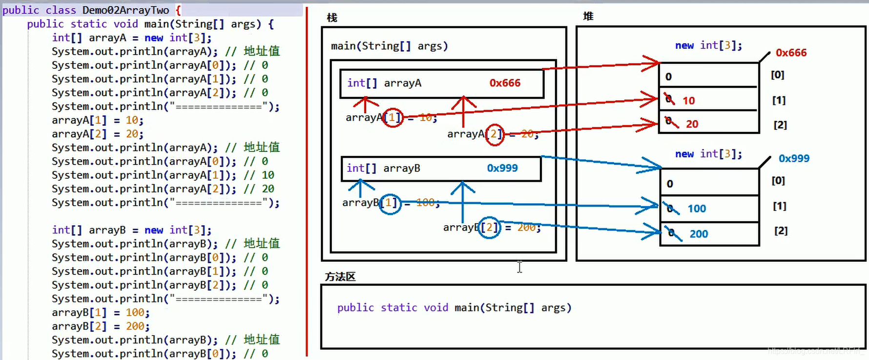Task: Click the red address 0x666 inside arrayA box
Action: click(505, 83)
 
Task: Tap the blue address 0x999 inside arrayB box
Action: click(502, 168)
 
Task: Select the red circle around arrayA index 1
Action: click(393, 117)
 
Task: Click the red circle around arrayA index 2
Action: click(494, 134)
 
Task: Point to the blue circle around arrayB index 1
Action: click(390, 203)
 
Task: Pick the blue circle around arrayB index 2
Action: click(489, 228)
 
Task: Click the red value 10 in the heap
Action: click(688, 101)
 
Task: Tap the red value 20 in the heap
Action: click(692, 124)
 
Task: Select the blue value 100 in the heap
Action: click(697, 209)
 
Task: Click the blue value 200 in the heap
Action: click(699, 234)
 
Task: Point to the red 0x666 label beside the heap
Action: click(791, 53)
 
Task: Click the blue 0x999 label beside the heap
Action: click(794, 158)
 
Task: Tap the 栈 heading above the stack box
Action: click(332, 18)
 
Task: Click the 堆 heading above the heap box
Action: click(588, 16)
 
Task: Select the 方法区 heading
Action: click(340, 277)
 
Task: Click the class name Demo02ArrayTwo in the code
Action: click(125, 10)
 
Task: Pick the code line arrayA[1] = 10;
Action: click(98, 120)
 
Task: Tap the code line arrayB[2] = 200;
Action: click(101, 326)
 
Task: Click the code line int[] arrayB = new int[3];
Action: click(132, 230)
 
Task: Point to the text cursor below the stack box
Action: click(519, 267)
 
